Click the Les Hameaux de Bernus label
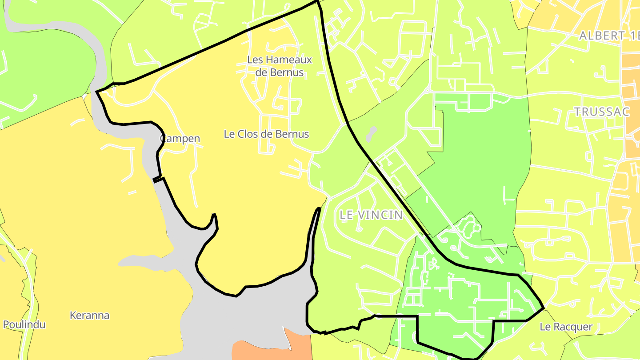pos(280,66)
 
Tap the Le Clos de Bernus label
pos(266,134)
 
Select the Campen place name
pos(180,139)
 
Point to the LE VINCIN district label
pos(371,215)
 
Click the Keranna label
pos(89,316)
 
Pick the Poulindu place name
pos(24,324)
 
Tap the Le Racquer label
pos(566,327)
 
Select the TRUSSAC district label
pos(602,112)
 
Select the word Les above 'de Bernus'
pos(255,60)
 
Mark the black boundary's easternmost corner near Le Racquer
pos(544,308)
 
